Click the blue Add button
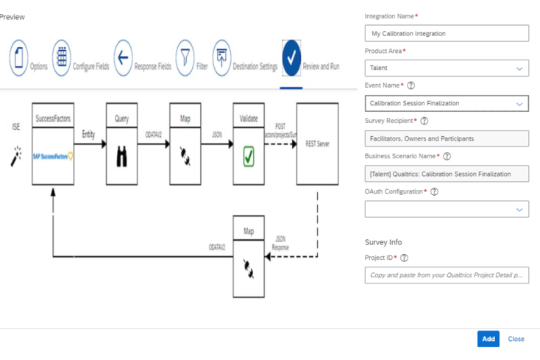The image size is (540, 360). pos(488,339)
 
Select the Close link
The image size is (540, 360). pos(516,339)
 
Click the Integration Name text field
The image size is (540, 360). pos(447,33)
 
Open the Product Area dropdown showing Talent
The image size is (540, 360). pos(447,68)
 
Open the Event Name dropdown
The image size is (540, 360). pos(447,104)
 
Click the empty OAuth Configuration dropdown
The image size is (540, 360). pos(447,209)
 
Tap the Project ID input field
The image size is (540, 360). pos(447,275)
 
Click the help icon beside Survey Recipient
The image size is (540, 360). pos(424,121)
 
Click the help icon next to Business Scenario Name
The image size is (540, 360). pos(447,156)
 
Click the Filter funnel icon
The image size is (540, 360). pos(185,57)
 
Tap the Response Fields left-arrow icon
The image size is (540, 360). pos(123,57)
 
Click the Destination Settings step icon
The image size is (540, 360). pos(221,57)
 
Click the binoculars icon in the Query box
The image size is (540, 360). pos(122,156)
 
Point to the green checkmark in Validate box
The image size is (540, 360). pos(249,155)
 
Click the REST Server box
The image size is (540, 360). pos(317,144)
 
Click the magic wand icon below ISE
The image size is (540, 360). pos(16,155)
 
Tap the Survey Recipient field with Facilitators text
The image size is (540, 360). pos(447,138)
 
